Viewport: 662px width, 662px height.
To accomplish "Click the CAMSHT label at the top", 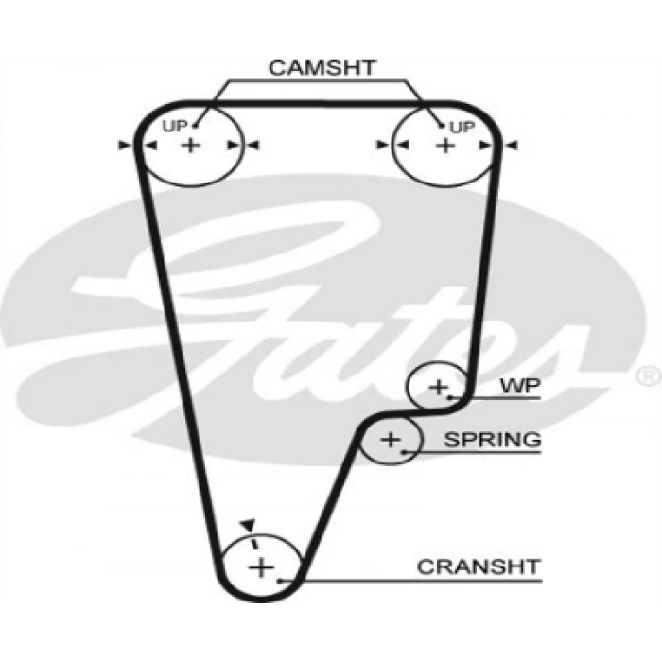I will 322,68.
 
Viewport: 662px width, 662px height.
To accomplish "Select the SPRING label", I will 492,439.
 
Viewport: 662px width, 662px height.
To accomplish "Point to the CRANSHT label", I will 479,566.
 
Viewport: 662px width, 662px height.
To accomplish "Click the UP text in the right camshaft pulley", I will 461,126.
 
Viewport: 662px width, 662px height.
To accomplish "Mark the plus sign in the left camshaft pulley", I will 191,145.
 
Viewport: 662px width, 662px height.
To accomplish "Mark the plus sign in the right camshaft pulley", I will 444,145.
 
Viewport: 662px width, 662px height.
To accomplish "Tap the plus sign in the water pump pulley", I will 438,386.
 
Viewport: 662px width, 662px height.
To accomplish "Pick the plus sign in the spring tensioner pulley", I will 392,439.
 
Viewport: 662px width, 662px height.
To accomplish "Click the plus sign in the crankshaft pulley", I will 260,567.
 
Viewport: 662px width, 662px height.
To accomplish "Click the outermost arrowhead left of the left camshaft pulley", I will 123,145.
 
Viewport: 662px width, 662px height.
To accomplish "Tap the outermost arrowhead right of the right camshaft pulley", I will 513,145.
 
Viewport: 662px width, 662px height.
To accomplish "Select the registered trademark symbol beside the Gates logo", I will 649,376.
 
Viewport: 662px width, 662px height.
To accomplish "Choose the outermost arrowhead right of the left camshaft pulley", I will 253,145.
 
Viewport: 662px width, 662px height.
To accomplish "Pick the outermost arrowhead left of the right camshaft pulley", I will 381,145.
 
